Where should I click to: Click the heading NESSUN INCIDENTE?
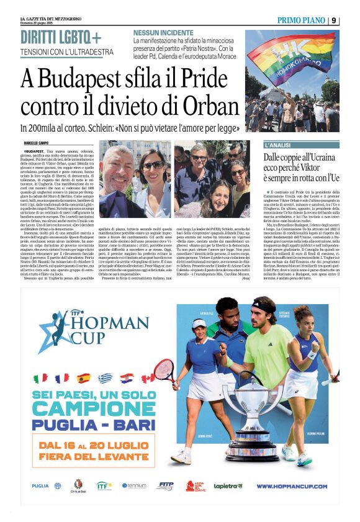click(x=163, y=32)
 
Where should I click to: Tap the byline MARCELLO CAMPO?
click(x=37, y=143)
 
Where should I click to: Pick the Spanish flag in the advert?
click(x=84, y=377)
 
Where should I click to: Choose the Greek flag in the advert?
click(x=105, y=377)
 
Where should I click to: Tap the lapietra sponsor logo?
click(x=228, y=486)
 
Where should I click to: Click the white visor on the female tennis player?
click(x=199, y=324)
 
